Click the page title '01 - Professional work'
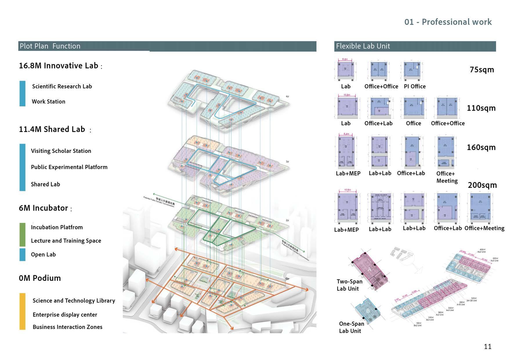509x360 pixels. pos(448,22)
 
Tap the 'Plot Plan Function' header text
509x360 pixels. pos(50,46)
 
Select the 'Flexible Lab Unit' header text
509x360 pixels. pos(363,46)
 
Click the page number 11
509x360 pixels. pos(488,346)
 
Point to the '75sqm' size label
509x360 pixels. pos(481,70)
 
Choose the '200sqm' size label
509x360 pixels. pos(482,185)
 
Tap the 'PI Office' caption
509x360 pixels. pos(415,86)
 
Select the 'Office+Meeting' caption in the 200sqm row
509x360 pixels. pos(484,228)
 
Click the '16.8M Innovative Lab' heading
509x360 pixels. pos(59,66)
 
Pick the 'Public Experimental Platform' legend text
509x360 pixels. pos(69,167)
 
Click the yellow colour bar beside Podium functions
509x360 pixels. pos(22,311)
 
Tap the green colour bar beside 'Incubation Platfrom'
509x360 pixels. pos(22,234)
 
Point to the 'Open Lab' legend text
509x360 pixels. pos(43,254)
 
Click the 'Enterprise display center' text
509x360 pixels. pos(65,315)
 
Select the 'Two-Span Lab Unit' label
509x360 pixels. pos(349,285)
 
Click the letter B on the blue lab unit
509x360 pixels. pos(368,311)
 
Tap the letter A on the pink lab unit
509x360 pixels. pos(369,269)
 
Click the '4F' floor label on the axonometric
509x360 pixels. pos(287,96)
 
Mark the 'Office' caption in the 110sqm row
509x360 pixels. pos(413,123)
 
